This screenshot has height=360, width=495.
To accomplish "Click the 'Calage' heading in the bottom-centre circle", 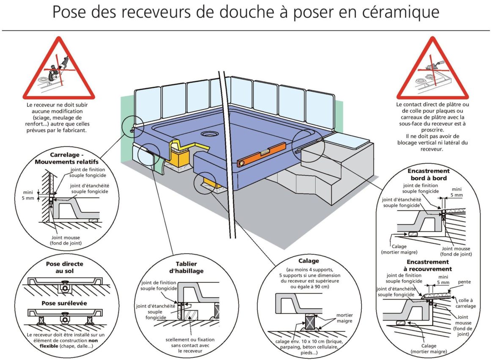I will (308, 261).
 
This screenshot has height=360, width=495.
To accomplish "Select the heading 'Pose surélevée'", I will (64, 303).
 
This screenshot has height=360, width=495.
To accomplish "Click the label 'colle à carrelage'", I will (466, 303).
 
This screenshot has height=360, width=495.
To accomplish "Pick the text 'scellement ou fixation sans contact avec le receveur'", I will (190, 345).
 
